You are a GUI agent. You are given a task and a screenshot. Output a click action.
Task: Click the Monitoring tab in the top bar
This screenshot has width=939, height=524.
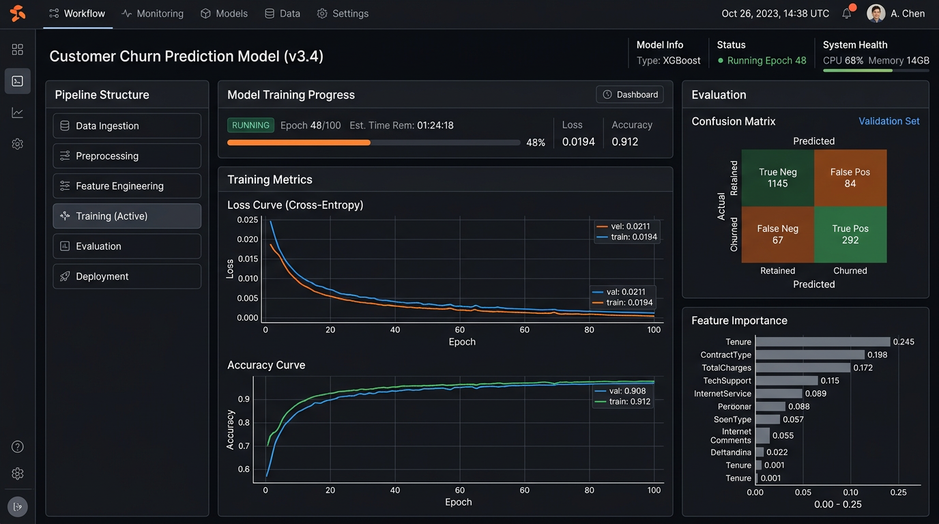click(x=152, y=14)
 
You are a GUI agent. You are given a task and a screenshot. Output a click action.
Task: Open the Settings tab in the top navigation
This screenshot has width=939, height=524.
click(x=343, y=14)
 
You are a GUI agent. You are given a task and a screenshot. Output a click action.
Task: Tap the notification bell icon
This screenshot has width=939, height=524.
click(x=847, y=14)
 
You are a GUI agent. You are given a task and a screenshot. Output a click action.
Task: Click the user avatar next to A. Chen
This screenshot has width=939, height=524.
click(x=876, y=14)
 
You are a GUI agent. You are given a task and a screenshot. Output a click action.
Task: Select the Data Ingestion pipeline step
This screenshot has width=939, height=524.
click(x=127, y=126)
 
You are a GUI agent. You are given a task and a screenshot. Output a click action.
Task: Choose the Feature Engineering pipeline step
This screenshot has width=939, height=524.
click(x=127, y=186)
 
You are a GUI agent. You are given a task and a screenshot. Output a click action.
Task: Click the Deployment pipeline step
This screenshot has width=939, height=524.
click(x=127, y=276)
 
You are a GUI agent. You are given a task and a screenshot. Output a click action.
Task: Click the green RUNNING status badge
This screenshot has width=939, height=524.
click(x=250, y=126)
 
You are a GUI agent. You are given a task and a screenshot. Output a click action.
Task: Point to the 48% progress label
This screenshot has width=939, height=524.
click(x=536, y=143)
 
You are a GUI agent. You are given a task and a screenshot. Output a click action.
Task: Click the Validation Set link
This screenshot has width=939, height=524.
click(x=889, y=121)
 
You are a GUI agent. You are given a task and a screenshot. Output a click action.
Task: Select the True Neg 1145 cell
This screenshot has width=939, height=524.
click(x=778, y=178)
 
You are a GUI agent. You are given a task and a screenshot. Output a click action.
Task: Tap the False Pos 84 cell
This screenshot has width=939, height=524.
click(x=850, y=178)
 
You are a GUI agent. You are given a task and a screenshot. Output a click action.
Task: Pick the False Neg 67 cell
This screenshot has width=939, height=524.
click(x=778, y=235)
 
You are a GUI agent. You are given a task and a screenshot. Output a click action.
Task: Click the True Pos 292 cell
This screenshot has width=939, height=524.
click(x=850, y=235)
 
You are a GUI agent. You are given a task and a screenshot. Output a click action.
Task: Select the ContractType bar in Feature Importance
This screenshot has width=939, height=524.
click(x=809, y=355)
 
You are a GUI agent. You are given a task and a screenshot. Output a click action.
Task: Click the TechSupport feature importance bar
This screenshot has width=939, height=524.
click(x=786, y=381)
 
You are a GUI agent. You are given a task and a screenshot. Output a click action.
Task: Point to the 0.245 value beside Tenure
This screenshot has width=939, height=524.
click(x=904, y=342)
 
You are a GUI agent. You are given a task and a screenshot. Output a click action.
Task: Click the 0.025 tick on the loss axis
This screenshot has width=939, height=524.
click(x=248, y=220)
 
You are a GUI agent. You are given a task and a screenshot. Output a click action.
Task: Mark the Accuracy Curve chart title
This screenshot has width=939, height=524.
click(x=266, y=365)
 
